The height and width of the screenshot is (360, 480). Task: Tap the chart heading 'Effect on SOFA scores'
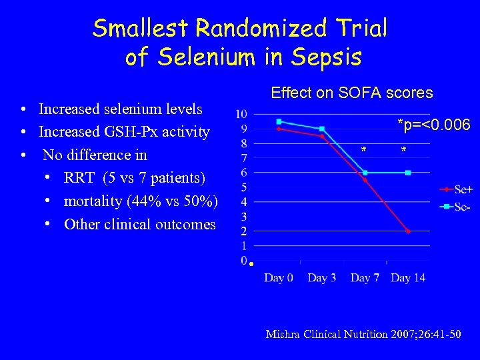coord(351,93)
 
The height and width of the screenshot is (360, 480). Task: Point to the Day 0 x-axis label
coord(278,277)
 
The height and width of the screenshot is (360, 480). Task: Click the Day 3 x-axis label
coord(321,277)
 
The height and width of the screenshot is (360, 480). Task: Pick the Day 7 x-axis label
coord(365,277)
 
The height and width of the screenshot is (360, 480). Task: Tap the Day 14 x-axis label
coord(408,277)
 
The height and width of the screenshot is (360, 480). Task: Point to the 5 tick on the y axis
coord(244,187)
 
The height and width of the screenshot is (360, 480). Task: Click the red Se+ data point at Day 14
coord(408,231)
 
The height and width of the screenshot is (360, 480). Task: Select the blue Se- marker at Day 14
coord(408,173)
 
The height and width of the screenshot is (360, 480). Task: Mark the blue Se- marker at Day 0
coord(279,121)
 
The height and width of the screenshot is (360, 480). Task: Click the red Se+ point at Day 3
coord(322,136)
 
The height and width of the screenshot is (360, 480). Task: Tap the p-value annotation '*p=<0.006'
coord(433,125)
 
